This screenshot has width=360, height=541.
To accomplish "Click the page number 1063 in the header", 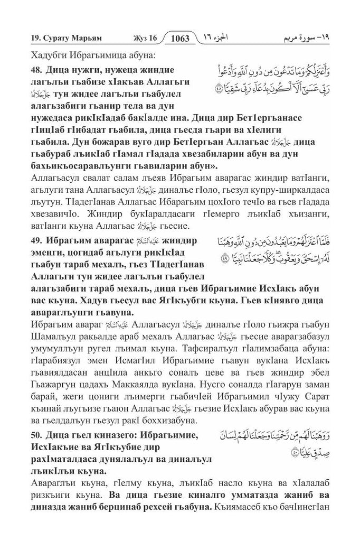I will tap(182, 38).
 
